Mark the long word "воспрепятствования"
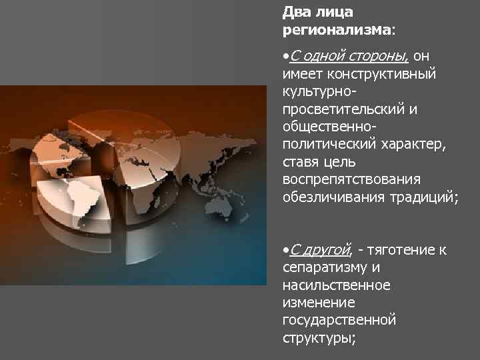tap(351, 181)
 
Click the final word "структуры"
tap(318, 338)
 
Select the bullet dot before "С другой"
tap(285, 251)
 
